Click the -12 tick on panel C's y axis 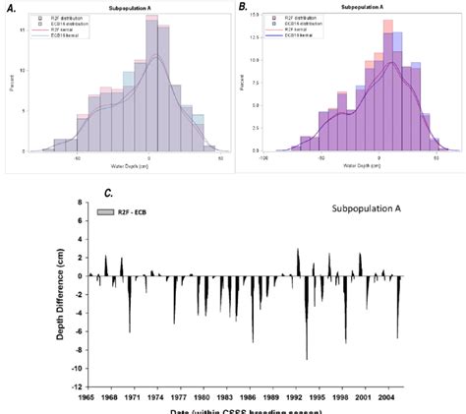point(77,386)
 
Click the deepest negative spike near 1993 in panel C point(307,356)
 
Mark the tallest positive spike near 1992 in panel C point(298,252)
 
